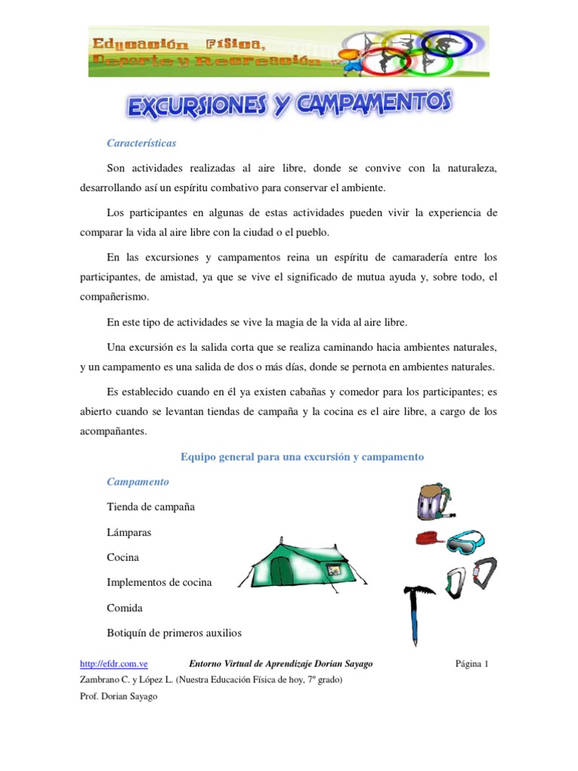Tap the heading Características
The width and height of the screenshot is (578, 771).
141,142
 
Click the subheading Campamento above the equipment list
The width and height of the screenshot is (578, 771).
138,481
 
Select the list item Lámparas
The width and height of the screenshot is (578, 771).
129,532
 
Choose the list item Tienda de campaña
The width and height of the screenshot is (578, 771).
151,507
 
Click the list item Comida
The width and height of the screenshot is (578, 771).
125,608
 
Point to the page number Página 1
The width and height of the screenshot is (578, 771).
472,663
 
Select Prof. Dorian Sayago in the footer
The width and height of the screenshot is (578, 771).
119,696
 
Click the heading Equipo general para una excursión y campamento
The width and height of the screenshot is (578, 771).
303,456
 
